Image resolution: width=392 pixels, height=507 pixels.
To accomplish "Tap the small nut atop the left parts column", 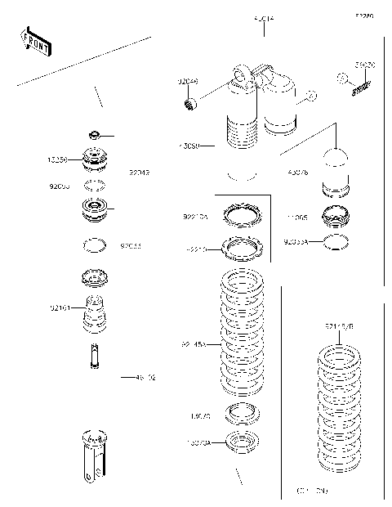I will (x=95, y=133).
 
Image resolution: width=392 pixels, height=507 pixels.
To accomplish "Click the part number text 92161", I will (x=60, y=308).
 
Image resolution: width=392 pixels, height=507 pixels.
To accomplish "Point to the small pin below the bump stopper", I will (x=95, y=355).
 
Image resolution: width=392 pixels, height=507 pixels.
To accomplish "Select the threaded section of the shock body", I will (x=242, y=136).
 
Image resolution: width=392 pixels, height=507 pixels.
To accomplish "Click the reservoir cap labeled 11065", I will (x=336, y=218).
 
